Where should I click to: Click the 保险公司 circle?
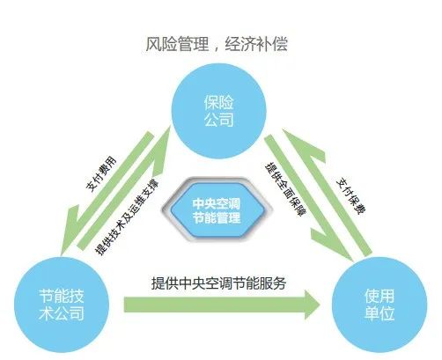click(x=218, y=111)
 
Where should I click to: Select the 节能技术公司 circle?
click(x=62, y=305)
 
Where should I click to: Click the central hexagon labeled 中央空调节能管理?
click(x=217, y=210)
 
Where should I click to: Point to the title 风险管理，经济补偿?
click(x=217, y=45)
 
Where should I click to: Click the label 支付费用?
click(x=101, y=174)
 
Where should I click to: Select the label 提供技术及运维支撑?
click(x=127, y=217)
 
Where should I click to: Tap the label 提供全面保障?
click(x=285, y=189)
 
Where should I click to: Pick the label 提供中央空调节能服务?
click(x=218, y=283)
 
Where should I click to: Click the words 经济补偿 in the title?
click(x=256, y=45)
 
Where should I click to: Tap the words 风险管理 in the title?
click(x=177, y=45)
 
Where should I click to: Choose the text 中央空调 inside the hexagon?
click(x=217, y=203)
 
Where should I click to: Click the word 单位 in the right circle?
click(x=379, y=313)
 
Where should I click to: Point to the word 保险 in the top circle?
click(x=219, y=103)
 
